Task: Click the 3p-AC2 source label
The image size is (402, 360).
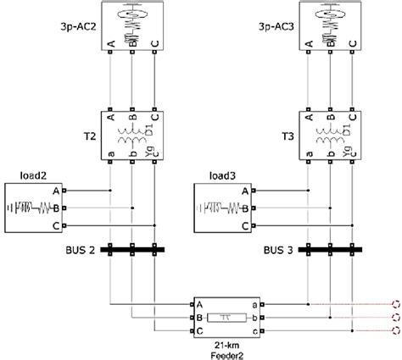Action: tap(78, 27)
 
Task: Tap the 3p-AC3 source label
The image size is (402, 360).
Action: tap(276, 27)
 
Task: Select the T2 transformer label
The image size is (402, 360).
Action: tap(90, 136)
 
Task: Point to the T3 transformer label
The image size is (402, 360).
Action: tap(288, 136)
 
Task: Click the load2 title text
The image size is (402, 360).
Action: tap(33, 175)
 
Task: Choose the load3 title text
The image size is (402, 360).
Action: tap(222, 175)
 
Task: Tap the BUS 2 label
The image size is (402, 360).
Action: tap(81, 250)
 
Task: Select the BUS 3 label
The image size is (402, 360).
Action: tap(278, 250)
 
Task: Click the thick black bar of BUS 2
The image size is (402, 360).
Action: tap(132, 250)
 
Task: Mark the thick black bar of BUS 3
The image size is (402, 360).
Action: tap(330, 250)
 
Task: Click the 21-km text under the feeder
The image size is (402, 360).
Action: tap(226, 345)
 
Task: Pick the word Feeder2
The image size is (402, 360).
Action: tap(226, 354)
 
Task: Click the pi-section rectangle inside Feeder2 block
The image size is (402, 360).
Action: tap(226, 318)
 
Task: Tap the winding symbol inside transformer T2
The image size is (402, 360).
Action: tap(133, 136)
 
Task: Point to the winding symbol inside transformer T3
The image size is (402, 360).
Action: tap(331, 136)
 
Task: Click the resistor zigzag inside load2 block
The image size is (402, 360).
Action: tap(45, 208)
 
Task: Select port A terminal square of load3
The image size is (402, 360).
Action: tap(254, 191)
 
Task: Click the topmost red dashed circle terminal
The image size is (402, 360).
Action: tap(396, 304)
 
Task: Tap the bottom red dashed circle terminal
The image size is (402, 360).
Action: tap(396, 330)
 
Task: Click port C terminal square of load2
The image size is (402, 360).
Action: tap(64, 225)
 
